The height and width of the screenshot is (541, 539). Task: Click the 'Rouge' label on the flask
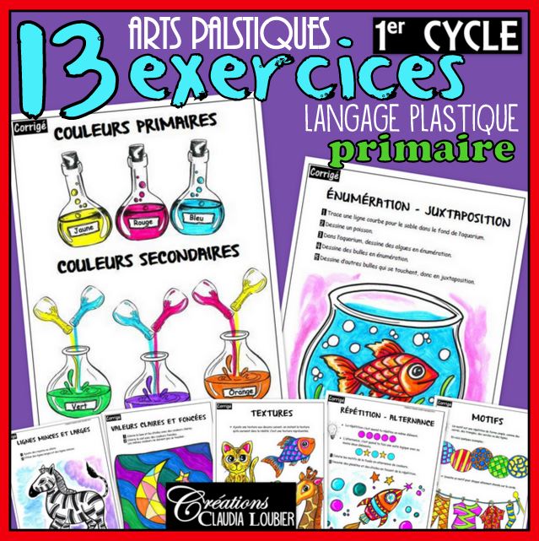pyautogui.click(x=145, y=224)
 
